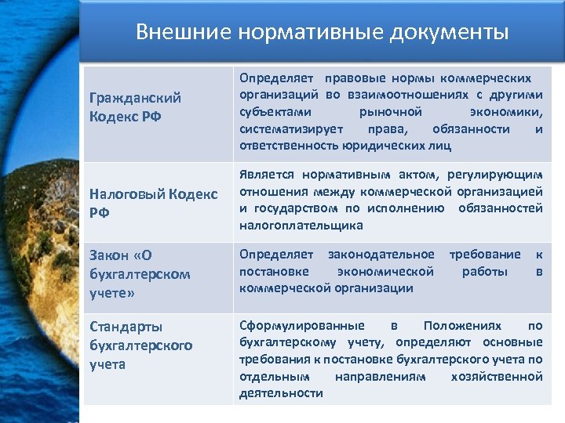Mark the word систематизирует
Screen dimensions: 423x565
tap(287, 128)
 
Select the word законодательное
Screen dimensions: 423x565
tap(381, 255)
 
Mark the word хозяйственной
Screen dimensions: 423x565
tap(497, 377)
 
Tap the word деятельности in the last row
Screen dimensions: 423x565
tap(281, 394)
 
